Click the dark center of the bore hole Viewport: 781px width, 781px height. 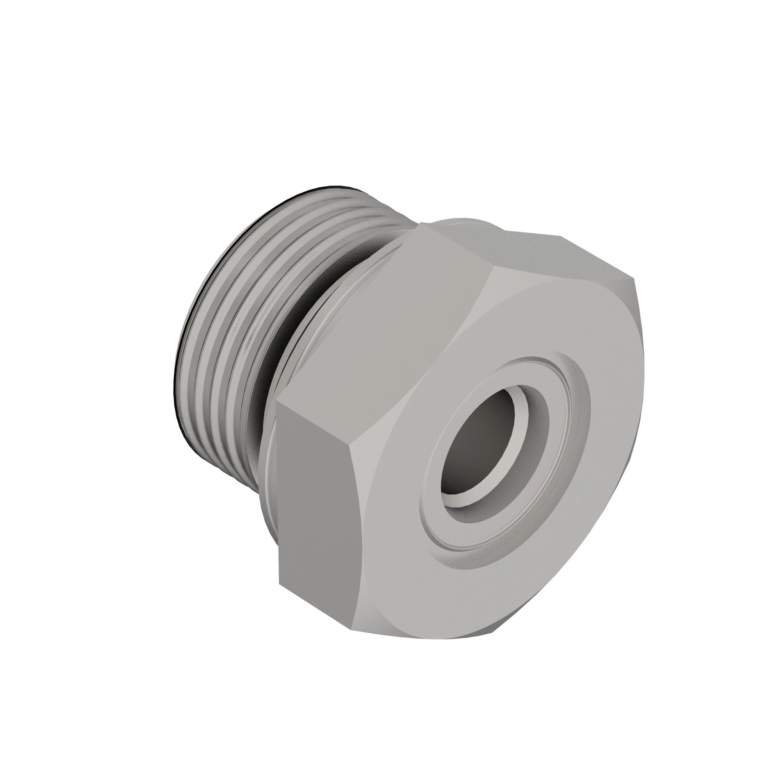(x=477, y=449)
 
